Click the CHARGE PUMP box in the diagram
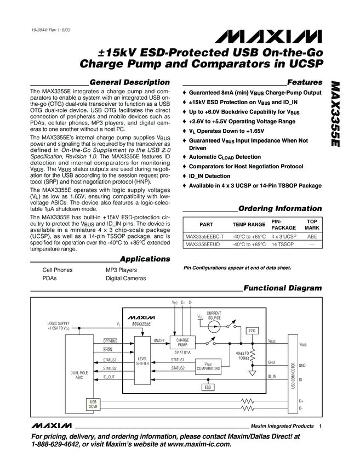pos(182,343)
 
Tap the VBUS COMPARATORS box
pos(208,366)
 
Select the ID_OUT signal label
pos(108,377)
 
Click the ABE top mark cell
pos(312,236)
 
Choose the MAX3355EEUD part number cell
pos(203,244)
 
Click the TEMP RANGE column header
pos(249,225)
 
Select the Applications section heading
pos(145,259)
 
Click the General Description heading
pos(129,82)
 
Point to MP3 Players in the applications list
pos(121,270)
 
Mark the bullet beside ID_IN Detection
pos(184,176)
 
